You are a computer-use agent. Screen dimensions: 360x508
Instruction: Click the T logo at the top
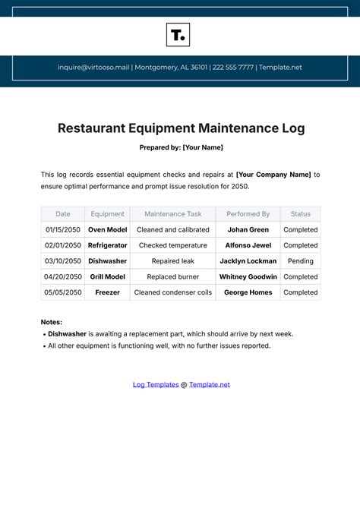point(178,35)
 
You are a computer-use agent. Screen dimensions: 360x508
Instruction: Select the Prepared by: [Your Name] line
point(181,147)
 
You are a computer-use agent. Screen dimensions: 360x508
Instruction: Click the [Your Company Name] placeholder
point(273,175)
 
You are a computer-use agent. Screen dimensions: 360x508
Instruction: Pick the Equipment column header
point(107,214)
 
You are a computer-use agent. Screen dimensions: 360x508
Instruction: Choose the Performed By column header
point(248,214)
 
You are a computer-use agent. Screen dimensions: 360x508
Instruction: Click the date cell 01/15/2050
point(63,230)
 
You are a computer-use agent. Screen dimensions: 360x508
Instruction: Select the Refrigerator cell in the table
point(107,245)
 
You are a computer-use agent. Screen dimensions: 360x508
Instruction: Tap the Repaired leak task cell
point(172,261)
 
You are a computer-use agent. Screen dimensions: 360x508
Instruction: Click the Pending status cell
point(300,261)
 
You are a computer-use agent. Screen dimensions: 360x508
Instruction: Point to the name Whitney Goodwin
point(248,277)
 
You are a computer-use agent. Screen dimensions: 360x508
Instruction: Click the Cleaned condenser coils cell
point(172,292)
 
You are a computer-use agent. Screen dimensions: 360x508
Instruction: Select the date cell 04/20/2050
point(63,277)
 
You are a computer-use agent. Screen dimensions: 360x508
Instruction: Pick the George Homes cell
point(248,292)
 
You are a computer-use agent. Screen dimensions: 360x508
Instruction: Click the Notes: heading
point(52,322)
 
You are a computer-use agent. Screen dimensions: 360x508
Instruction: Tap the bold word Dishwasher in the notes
point(67,334)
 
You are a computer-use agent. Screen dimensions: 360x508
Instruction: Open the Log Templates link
point(156,385)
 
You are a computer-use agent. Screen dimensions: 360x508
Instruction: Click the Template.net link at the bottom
point(210,385)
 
